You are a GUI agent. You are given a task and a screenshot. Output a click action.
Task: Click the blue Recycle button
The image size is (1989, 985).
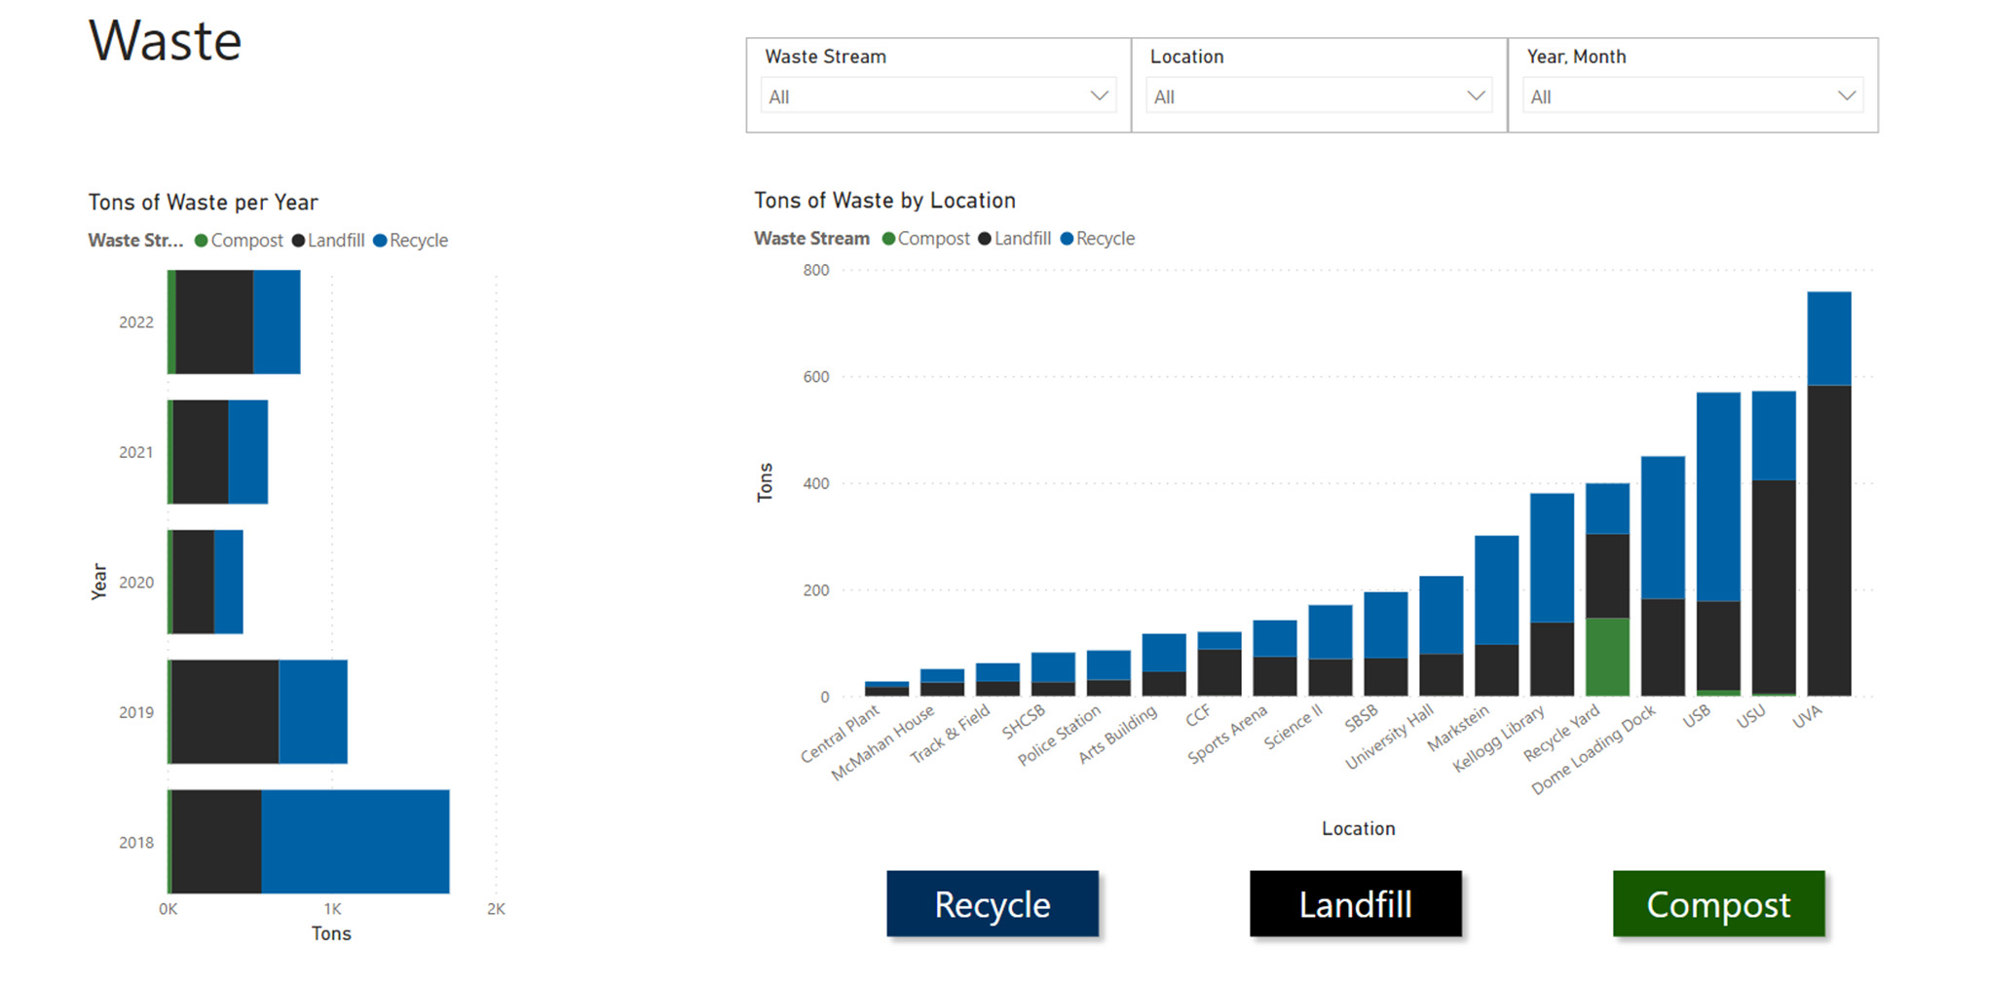pos(992,904)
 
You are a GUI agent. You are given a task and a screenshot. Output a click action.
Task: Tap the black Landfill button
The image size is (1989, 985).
pos(1355,904)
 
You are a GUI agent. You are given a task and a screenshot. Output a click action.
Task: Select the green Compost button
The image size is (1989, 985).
pos(1718,904)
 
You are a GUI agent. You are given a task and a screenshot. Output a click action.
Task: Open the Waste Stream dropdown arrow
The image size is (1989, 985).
pos(1099,95)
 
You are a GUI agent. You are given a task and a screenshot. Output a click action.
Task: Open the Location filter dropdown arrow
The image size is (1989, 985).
pos(1476,95)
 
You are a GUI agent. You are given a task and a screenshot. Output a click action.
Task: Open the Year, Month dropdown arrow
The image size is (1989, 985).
pos(1846,95)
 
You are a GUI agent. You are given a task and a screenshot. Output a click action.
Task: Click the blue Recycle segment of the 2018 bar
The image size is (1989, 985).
pos(356,842)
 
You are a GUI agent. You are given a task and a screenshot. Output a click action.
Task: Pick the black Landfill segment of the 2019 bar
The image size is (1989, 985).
pos(225,711)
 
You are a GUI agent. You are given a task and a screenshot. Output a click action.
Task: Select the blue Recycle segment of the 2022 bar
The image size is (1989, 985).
pos(277,322)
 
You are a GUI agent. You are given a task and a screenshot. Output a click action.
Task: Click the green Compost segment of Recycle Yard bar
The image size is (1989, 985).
pos(1607,657)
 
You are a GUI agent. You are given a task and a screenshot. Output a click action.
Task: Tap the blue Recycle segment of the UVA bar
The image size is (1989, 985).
pos(1828,338)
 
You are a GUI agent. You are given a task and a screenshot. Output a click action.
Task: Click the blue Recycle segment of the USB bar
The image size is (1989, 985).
pos(1717,497)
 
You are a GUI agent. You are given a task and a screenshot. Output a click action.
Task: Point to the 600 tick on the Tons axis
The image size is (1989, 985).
pos(816,377)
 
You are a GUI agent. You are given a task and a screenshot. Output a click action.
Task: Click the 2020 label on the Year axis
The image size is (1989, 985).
pos(136,583)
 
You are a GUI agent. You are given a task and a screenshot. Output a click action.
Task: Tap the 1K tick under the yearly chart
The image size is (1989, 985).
pos(332,909)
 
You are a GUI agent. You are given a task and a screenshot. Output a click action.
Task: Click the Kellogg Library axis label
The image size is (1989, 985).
pos(1501,738)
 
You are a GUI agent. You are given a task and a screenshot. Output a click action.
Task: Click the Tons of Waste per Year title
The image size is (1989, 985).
pos(203,203)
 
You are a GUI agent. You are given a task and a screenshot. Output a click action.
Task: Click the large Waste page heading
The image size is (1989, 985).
pos(166,42)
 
